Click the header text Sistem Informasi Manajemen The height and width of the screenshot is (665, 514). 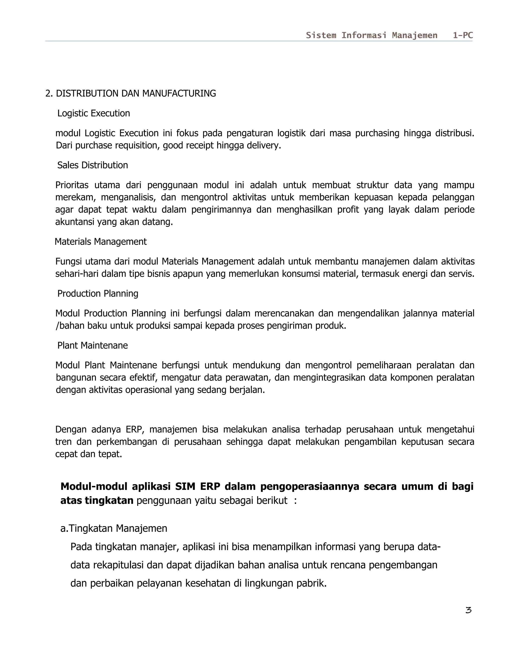coord(371,35)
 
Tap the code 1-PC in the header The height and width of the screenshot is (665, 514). coord(463,35)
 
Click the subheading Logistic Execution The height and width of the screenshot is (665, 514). coord(93,113)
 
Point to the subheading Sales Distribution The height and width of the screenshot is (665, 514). coord(93,165)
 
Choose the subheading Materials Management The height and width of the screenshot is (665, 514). coord(100,241)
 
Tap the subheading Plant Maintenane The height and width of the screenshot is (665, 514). coord(93,345)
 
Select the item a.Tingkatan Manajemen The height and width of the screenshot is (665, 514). coord(114,528)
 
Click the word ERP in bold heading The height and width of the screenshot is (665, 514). coord(210,487)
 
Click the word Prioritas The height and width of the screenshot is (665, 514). coord(72,185)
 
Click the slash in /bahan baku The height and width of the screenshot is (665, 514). coord(57,326)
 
